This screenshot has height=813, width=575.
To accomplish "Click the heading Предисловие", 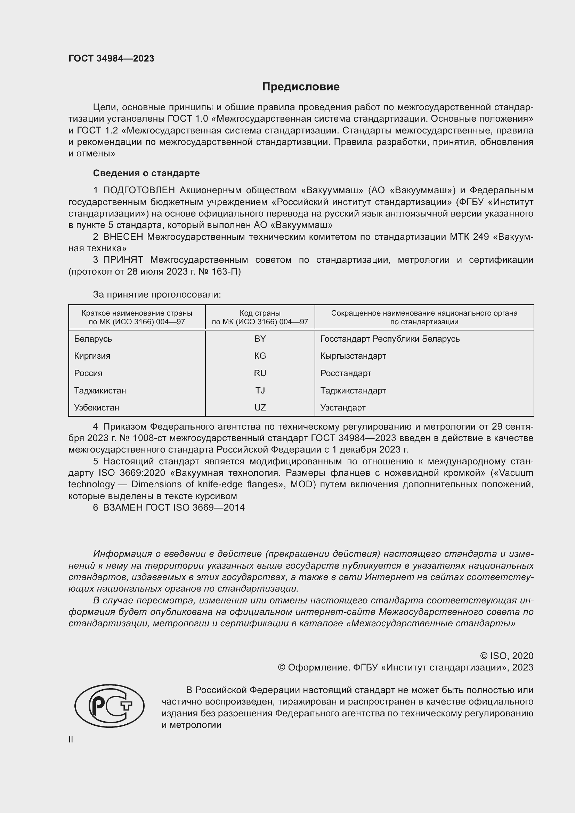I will (301, 87).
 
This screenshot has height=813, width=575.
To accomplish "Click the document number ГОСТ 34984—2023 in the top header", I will (111, 58).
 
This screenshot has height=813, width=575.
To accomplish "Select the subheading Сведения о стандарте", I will (146, 173).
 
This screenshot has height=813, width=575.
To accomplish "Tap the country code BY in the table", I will (260, 339).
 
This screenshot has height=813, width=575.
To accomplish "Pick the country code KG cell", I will (260, 356).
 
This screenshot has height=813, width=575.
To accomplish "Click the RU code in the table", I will (260, 373).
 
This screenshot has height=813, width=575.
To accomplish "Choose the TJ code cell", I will (260, 391).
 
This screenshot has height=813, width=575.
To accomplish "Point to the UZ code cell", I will (260, 408).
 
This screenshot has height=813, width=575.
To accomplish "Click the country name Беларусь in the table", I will (93, 339).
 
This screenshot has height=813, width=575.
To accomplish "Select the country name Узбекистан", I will (96, 408).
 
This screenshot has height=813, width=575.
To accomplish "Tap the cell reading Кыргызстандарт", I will (353, 356).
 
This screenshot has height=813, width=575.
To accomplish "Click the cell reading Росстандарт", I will (346, 373).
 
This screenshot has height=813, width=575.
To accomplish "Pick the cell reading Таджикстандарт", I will (353, 391).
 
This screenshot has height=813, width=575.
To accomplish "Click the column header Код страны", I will (260, 313).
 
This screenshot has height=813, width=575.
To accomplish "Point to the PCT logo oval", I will (110, 706).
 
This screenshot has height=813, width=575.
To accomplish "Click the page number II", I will (71, 739).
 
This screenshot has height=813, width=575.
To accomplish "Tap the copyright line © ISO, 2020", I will (507, 656).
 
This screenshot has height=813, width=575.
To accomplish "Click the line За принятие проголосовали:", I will (157, 295).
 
